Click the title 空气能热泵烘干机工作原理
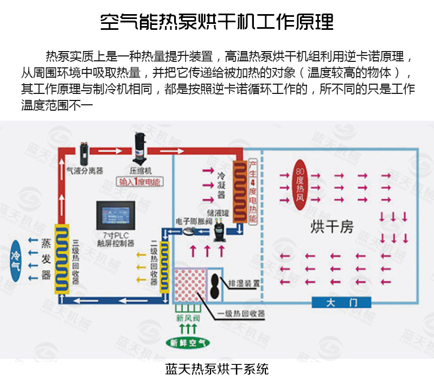coord(217,22)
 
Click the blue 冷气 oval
coord(15,260)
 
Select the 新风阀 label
coord(186,318)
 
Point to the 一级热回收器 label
coord(241,314)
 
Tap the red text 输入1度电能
coord(139,182)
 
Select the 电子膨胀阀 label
coord(193,222)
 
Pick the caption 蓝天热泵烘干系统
coord(217,369)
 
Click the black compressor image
coord(140,148)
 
